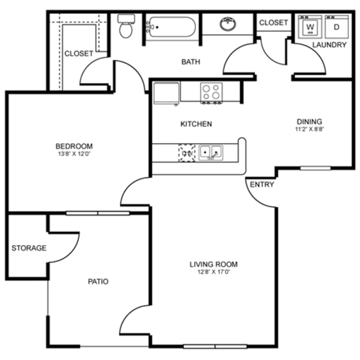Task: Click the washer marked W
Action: (309, 28)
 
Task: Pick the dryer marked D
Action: (336, 28)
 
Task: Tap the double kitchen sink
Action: (211, 151)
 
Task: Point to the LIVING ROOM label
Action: (214, 264)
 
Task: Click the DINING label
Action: (309, 121)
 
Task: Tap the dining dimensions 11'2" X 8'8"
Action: (309, 129)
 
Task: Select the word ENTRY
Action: (262, 185)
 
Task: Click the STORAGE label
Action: (29, 248)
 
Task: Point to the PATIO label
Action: (97, 281)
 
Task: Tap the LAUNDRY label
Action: (329, 45)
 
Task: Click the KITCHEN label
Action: (196, 124)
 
